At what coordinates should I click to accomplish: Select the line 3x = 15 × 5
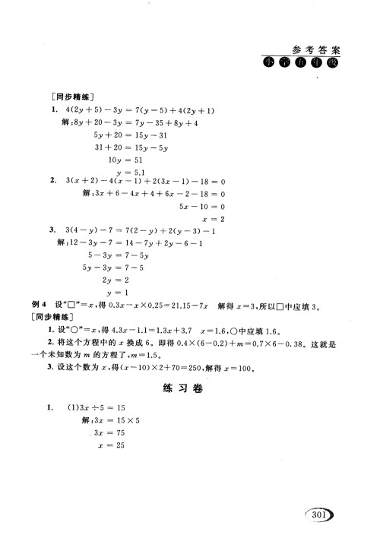tap(112, 420)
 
